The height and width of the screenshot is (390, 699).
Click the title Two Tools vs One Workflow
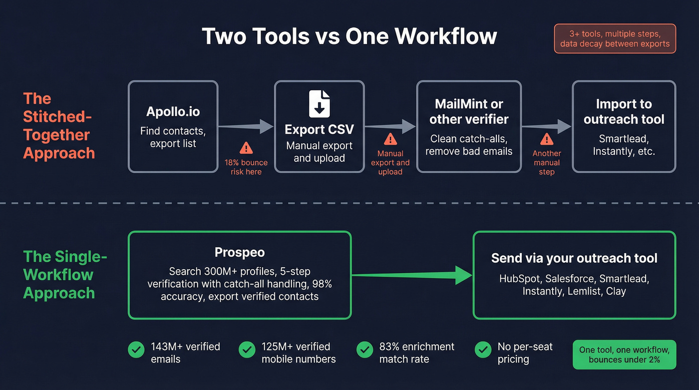click(x=349, y=36)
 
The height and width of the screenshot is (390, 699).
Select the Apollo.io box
click(x=173, y=127)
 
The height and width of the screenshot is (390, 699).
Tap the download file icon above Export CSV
click(x=319, y=103)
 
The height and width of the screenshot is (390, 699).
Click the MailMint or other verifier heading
click(x=469, y=111)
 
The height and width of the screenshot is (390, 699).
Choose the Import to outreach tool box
click(x=624, y=127)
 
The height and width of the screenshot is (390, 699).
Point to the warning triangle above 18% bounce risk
click(x=246, y=148)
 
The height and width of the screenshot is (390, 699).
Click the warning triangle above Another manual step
click(x=547, y=139)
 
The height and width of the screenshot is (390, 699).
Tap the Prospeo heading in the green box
click(x=239, y=253)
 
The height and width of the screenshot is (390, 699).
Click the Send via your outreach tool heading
click(x=574, y=258)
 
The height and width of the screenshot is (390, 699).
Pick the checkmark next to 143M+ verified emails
click(x=136, y=350)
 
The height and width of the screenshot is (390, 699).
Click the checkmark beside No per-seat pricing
click(x=482, y=350)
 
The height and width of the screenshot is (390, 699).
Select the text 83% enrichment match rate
click(x=416, y=353)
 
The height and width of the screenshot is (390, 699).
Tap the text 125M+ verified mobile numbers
click(x=299, y=353)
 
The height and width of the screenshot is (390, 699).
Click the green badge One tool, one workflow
click(x=624, y=355)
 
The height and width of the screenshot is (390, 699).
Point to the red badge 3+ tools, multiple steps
click(x=615, y=39)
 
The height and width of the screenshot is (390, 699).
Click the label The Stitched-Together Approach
click(x=59, y=126)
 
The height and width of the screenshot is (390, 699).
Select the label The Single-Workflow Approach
click(x=65, y=275)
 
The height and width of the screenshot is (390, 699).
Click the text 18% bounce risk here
click(x=246, y=167)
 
